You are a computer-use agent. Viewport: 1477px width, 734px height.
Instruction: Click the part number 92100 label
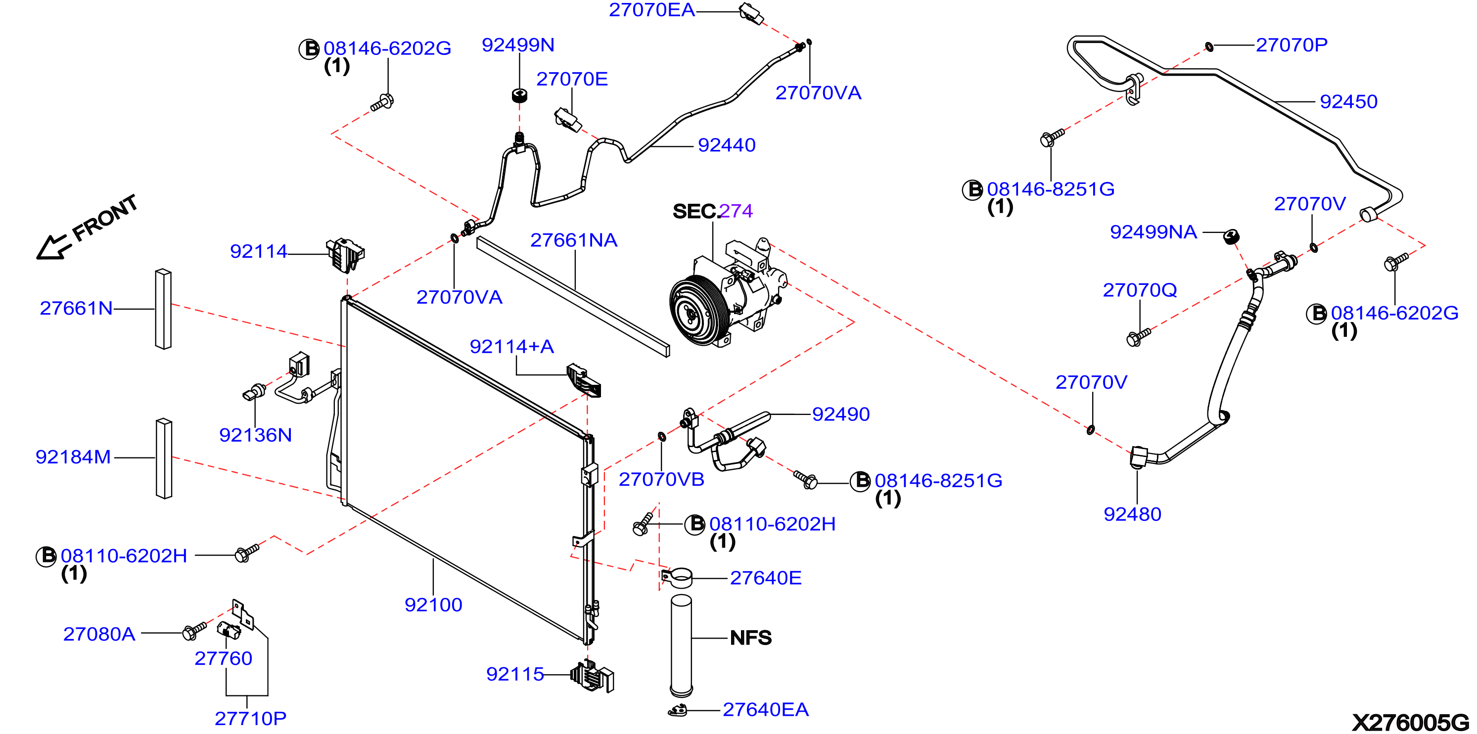pos(433,604)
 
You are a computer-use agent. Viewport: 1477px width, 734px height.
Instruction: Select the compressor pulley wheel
pos(692,310)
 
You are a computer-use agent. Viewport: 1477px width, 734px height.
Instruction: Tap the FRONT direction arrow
pos(53,247)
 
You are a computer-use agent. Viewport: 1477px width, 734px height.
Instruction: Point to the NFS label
pos(750,638)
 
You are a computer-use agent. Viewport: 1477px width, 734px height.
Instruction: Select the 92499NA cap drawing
pos(1231,236)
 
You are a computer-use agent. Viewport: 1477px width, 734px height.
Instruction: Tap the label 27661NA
pos(574,240)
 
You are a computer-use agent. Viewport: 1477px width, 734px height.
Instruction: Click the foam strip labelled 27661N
pos(163,309)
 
